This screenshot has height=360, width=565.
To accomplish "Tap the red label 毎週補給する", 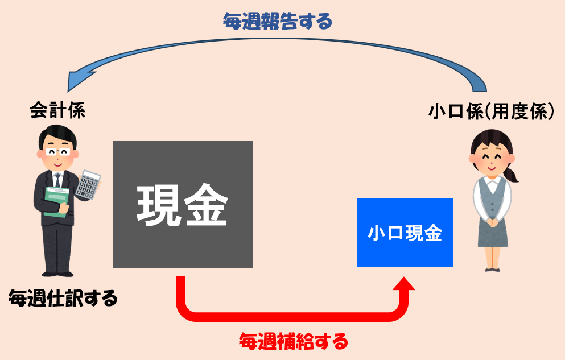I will (x=293, y=342).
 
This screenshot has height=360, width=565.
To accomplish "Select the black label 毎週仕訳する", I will (x=63, y=297).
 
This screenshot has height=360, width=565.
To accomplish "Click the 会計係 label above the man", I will (x=57, y=110).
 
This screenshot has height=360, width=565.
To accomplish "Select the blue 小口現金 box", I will (x=405, y=232).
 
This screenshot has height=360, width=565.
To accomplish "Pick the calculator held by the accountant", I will (x=88, y=183).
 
